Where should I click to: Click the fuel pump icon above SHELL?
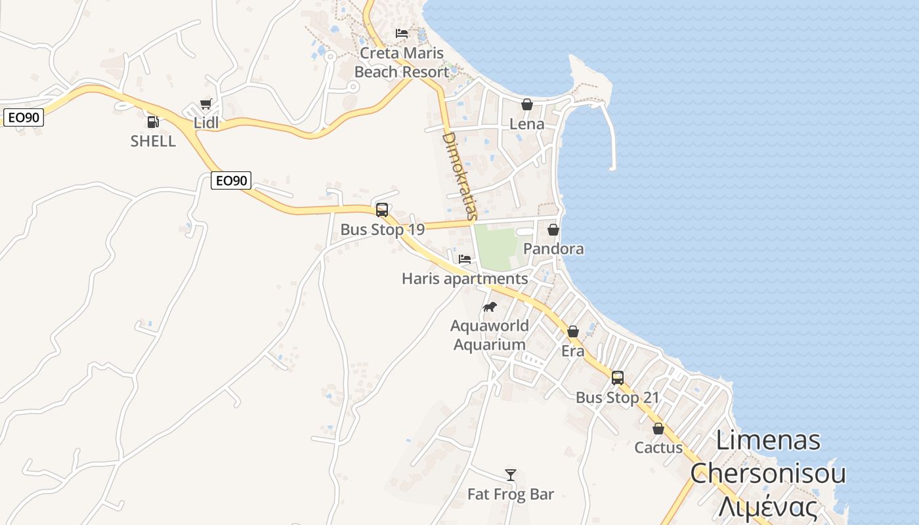(153, 121)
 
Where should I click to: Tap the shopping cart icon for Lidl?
(205, 104)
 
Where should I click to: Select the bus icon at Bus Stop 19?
(382, 210)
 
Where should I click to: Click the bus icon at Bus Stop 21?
(618, 378)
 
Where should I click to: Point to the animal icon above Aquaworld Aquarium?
(490, 306)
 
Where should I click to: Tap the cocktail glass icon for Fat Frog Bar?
(511, 474)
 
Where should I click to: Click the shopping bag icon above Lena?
(526, 104)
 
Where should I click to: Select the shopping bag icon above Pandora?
(553, 230)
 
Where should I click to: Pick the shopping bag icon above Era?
(573, 331)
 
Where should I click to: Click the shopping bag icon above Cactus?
(658, 429)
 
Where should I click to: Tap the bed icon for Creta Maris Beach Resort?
(402, 33)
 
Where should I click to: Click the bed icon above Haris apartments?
(465, 259)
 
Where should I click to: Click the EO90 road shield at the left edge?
(23, 118)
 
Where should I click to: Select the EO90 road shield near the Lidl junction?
(231, 180)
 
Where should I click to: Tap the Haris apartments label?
(465, 279)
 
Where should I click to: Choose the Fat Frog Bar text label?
(511, 494)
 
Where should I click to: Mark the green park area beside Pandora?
(496, 247)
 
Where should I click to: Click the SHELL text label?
(153, 141)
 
